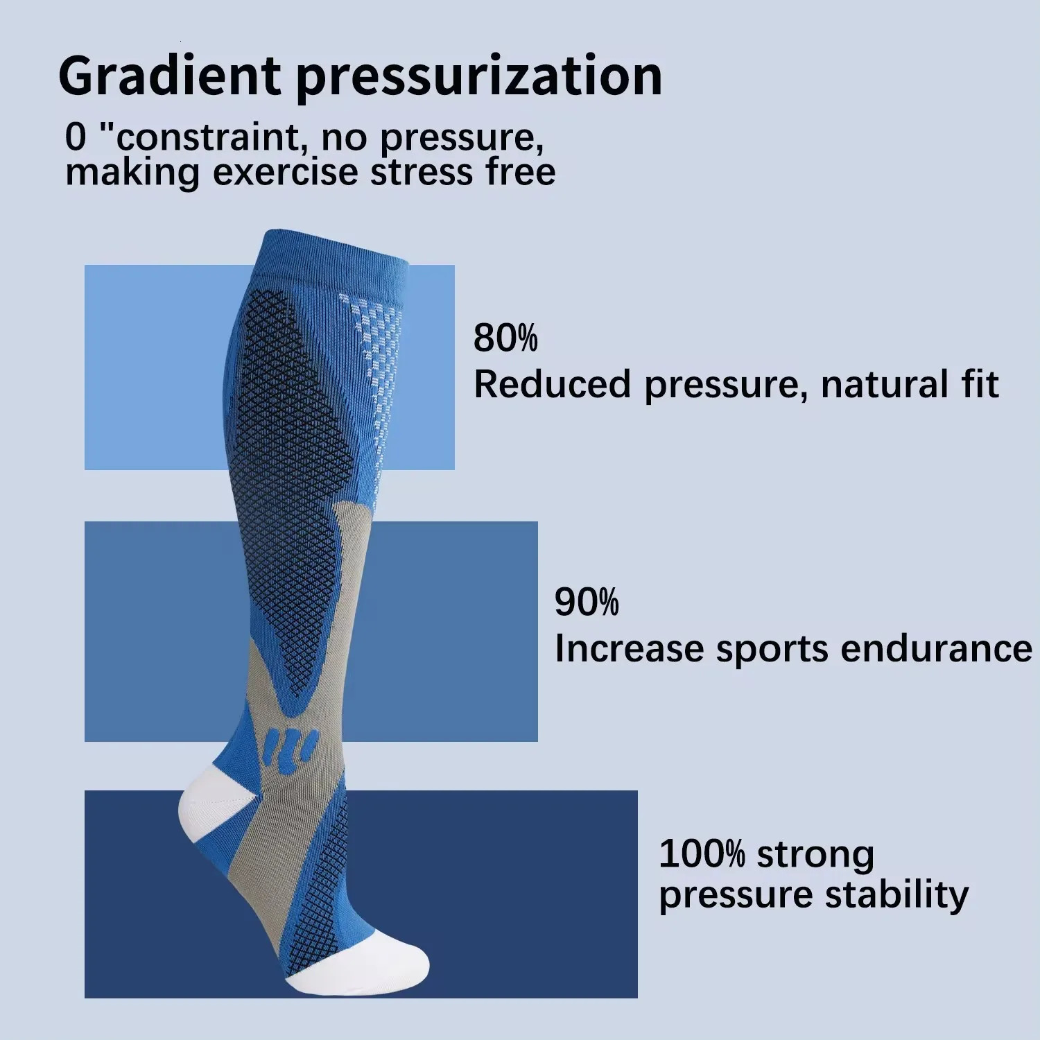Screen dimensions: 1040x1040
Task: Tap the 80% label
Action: click(x=505, y=338)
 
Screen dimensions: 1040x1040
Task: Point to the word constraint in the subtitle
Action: click(x=209, y=137)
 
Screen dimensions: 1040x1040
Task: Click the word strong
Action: click(x=815, y=854)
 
